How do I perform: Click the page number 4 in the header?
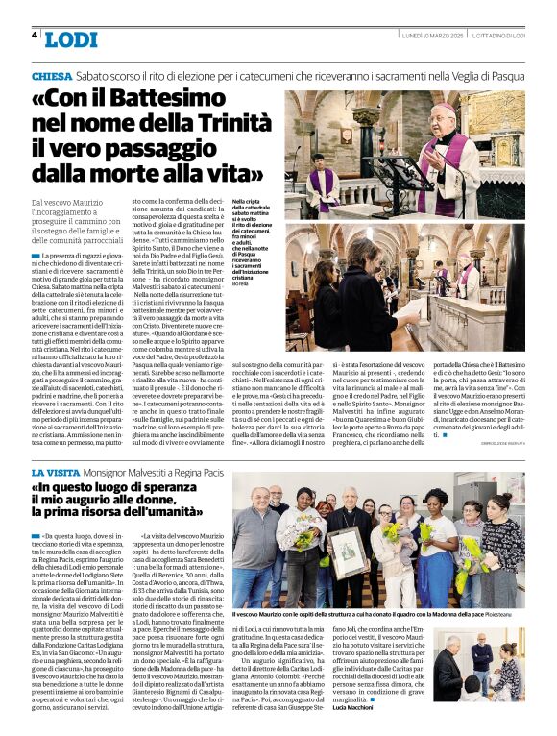[x=36, y=35]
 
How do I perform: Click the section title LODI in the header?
[x=71, y=39]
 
